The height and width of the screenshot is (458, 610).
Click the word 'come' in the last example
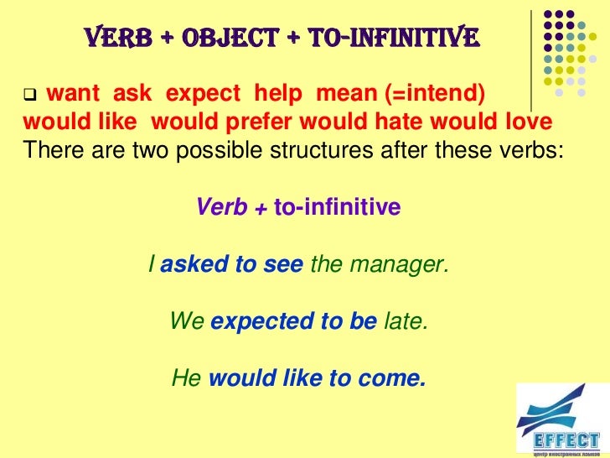pos(390,378)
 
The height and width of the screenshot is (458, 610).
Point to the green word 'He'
pos(186,378)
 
